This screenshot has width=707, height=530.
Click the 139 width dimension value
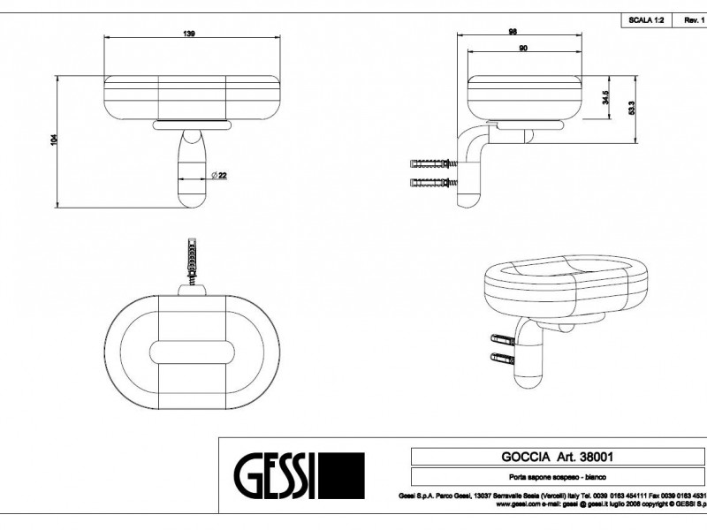point(189,33)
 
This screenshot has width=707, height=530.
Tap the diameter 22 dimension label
point(221,176)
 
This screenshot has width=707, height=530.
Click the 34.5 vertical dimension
point(604,97)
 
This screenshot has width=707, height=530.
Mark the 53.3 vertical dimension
point(631,109)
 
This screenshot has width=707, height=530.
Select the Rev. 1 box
point(693,19)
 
